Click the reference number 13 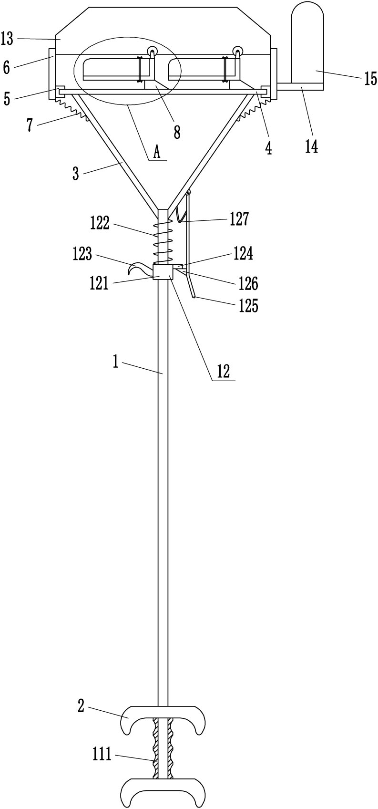tap(7, 38)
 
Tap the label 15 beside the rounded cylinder tap(370, 78)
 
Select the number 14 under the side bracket tap(312, 146)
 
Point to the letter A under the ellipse tap(157, 153)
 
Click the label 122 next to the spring tap(100, 223)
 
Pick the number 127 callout tap(239, 219)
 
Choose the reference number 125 tap(249, 306)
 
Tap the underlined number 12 tap(224, 371)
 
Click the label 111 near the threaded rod tap(102, 755)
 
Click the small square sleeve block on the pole tap(163, 271)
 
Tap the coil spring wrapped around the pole tap(163, 242)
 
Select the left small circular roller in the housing tap(152, 52)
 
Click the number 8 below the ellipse tap(177, 133)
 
